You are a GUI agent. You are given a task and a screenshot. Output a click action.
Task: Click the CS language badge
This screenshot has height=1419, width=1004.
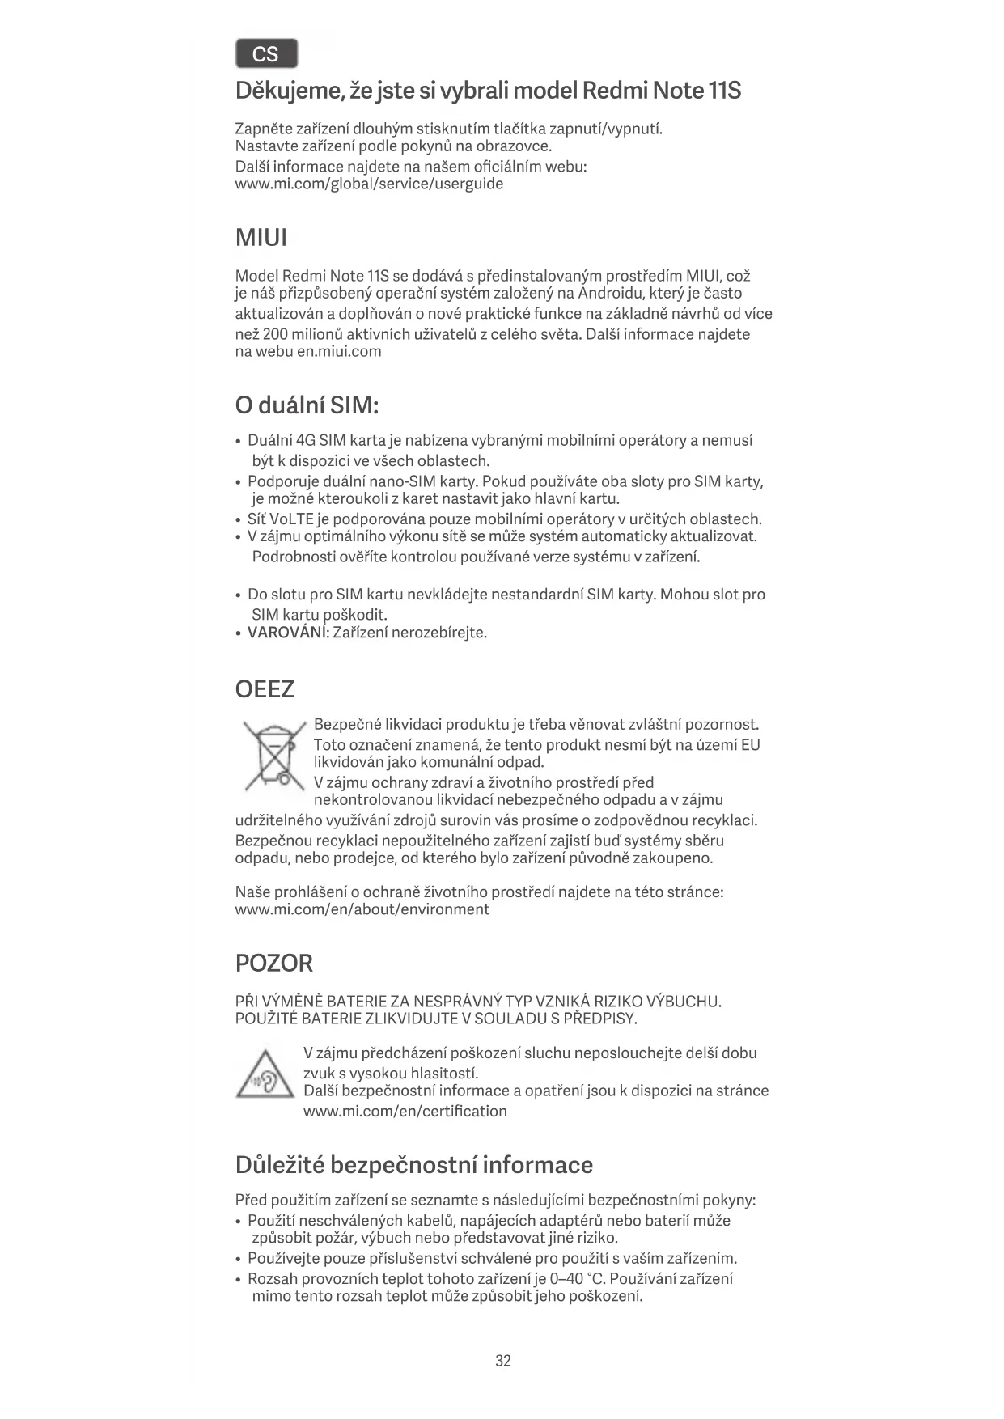click(x=266, y=54)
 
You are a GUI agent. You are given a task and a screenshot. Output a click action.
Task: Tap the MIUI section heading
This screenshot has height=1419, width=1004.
click(x=261, y=238)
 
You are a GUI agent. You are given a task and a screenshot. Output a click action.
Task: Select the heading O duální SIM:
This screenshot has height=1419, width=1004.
click(x=307, y=405)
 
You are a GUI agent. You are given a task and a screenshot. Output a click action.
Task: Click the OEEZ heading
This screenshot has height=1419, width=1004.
click(x=265, y=689)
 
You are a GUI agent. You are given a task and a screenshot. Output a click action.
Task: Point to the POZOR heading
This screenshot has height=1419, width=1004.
click(x=273, y=963)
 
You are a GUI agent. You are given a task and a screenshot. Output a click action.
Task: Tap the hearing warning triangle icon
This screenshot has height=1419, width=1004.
click(x=265, y=1074)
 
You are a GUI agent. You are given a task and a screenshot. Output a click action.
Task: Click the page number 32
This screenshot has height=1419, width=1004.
click(x=502, y=1361)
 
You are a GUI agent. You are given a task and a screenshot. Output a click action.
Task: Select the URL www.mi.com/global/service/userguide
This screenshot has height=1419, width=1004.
click(x=369, y=184)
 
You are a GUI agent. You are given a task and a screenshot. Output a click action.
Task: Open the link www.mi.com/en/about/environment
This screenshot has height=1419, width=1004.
click(x=362, y=909)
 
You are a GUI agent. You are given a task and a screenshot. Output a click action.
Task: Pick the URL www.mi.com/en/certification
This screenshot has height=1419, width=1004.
click(x=405, y=1111)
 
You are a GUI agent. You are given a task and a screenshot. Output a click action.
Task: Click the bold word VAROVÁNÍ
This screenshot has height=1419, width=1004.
click(x=286, y=633)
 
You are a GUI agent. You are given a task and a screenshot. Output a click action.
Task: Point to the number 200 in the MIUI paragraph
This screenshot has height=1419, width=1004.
click(x=276, y=334)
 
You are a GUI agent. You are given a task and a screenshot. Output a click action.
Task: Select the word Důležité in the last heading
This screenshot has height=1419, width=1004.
click(x=280, y=1165)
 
